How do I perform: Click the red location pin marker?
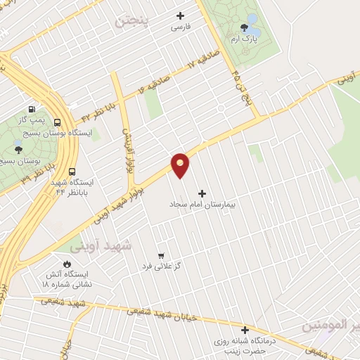(181, 165)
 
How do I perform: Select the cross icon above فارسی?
(180, 15)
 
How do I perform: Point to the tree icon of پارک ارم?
(244, 28)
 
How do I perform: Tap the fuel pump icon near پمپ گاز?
(32, 110)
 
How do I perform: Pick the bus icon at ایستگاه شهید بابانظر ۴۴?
(72, 171)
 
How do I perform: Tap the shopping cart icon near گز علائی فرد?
(161, 255)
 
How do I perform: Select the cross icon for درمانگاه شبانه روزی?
(245, 330)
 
